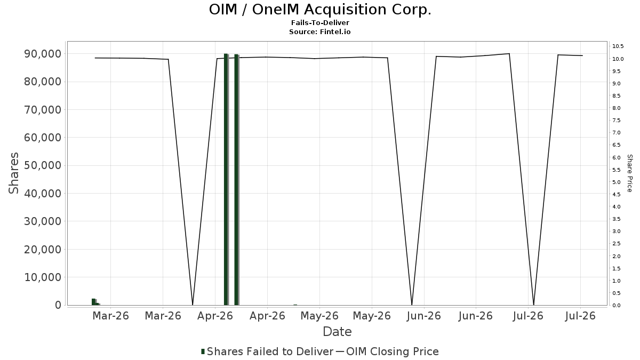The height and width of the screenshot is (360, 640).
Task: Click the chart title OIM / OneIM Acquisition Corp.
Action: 320,10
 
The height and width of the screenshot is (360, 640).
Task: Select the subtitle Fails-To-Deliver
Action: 320,22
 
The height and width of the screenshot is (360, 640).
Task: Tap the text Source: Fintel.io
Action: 319,31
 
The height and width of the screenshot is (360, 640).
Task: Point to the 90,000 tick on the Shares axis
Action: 43,54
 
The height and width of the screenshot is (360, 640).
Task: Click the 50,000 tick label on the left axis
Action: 43,165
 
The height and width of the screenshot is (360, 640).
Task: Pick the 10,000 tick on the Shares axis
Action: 43,277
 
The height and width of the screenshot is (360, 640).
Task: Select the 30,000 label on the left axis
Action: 43,221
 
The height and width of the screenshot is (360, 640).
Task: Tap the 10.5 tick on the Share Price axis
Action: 618,46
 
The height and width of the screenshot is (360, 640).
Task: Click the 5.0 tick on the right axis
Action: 617,182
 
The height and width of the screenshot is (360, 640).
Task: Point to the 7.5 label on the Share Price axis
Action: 617,121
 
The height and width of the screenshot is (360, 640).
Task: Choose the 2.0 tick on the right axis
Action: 617,256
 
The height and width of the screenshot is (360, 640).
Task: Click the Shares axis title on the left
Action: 13,173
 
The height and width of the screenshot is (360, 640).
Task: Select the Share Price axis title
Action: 629,173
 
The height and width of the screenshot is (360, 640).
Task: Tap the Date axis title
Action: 337,332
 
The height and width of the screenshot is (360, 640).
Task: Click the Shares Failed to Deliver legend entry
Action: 267,351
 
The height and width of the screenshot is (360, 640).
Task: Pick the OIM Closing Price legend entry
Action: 387,351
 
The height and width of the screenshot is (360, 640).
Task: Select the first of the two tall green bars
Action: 226,179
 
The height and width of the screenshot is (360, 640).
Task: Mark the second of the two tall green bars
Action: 236,180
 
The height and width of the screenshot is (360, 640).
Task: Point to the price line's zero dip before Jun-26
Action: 412,305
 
